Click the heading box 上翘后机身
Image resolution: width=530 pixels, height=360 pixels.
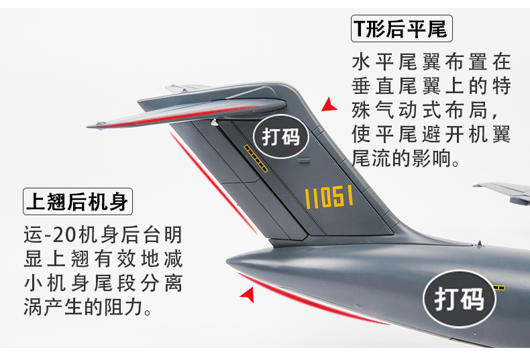pos(78,200)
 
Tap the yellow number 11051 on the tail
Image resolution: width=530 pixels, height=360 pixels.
pos(329,196)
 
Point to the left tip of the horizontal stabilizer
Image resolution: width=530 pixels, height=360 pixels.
pos(90,125)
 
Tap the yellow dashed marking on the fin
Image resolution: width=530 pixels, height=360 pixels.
pos(256,158)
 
